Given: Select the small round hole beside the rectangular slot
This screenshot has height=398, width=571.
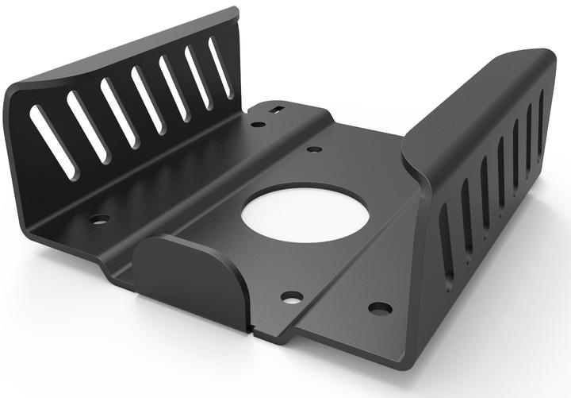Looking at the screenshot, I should (258, 124).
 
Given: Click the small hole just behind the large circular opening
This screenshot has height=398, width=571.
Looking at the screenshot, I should (313, 149).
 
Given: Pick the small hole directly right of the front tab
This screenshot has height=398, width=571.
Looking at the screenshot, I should (292, 297).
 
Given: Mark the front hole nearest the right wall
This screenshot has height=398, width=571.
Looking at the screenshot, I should (379, 307).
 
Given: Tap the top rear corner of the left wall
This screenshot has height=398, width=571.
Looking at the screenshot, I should (236, 12).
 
